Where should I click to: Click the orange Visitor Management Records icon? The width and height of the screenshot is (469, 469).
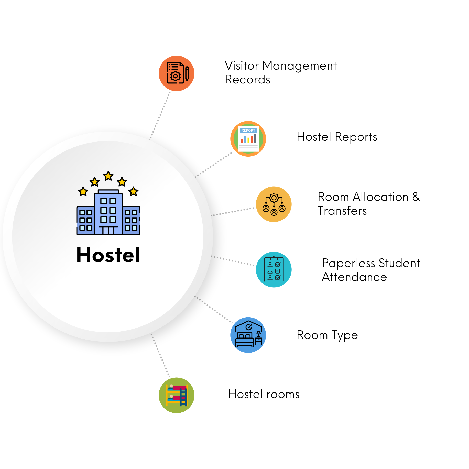176,73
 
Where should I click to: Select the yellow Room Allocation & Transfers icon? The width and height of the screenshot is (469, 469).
274,204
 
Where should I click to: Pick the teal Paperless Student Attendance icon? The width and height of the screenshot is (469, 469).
274,270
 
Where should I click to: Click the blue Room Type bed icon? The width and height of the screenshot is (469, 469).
248,335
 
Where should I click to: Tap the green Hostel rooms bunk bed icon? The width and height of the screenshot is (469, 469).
176,395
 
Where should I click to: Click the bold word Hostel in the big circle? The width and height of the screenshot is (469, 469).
108,255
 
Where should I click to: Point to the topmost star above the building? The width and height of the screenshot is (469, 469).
108,176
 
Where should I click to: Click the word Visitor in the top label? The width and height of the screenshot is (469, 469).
242,66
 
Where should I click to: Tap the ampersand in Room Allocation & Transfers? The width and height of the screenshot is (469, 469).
416,197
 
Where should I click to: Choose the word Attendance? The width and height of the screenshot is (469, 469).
354,277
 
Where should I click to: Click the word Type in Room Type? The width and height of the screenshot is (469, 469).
344,335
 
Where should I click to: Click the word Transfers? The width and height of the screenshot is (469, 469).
342,211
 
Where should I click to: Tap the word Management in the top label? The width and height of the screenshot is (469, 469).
299,66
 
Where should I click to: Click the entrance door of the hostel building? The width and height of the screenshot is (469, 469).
108,230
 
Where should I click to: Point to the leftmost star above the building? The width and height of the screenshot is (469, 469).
83,191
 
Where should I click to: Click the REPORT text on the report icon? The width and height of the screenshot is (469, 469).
248,130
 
